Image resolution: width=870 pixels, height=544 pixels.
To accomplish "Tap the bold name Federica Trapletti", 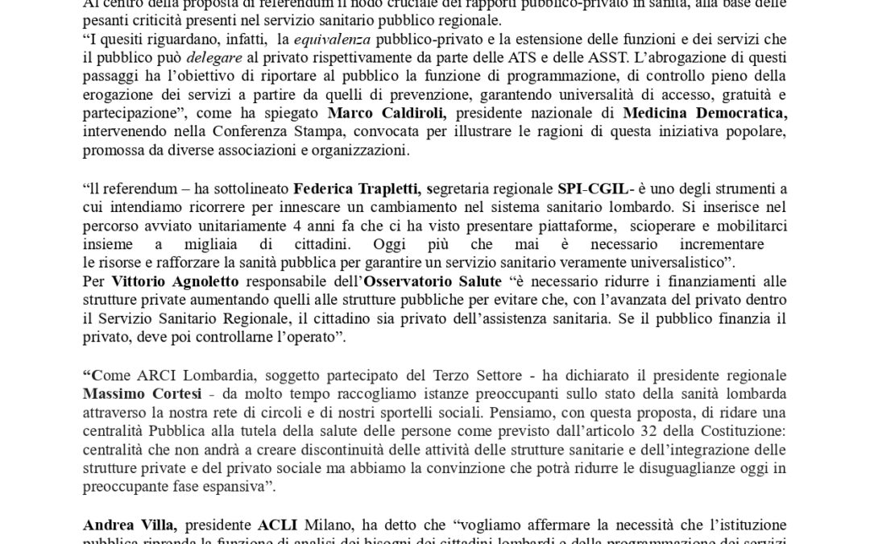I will tap(358, 189).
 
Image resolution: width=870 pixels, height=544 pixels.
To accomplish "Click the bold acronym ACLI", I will tap(278, 525).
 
